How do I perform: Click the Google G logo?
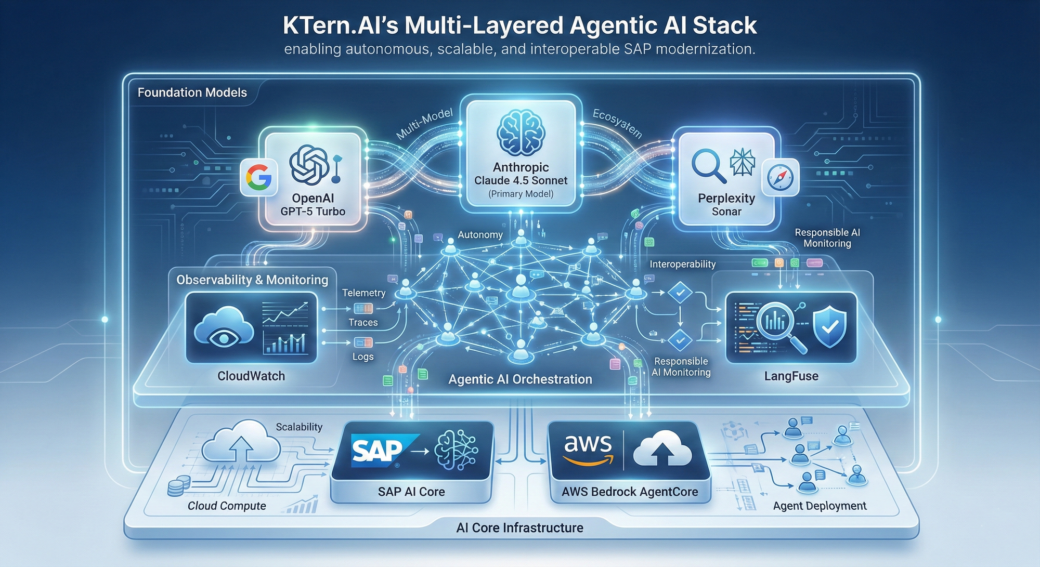tap(258, 177)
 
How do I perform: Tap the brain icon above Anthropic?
tap(521, 133)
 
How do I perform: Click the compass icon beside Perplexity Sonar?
tap(781, 177)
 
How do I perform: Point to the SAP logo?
tap(378, 450)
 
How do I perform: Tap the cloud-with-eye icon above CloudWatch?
tap(224, 327)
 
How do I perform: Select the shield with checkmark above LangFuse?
tap(829, 326)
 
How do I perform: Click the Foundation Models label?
tap(192, 93)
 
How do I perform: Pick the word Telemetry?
tap(363, 293)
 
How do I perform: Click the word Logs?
tap(363, 357)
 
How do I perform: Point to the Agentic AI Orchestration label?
tap(520, 379)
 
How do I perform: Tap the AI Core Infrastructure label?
tap(519, 528)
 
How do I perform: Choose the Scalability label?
tap(299, 427)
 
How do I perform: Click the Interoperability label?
tap(682, 264)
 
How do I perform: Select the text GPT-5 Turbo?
tap(313, 212)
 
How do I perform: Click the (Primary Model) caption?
tap(521, 194)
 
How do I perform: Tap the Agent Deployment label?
tap(820, 506)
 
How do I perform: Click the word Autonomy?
tap(480, 235)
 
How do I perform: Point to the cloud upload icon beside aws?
tap(661, 449)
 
